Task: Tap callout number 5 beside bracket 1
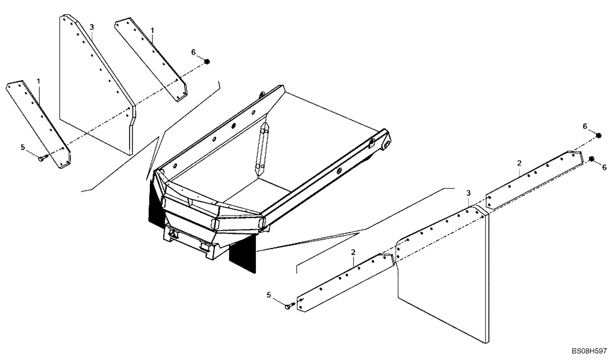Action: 23,147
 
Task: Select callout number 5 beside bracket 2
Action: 270,295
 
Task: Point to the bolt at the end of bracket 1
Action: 42,159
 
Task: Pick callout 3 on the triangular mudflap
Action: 92,28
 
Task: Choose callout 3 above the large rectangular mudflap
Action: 468,193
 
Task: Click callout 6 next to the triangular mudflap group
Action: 193,53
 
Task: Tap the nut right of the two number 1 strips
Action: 207,61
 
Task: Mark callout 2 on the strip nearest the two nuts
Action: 519,163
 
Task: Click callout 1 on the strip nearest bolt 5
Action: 38,81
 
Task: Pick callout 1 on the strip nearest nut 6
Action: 152,29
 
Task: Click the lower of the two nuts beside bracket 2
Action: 592,159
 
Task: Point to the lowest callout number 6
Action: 604,167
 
